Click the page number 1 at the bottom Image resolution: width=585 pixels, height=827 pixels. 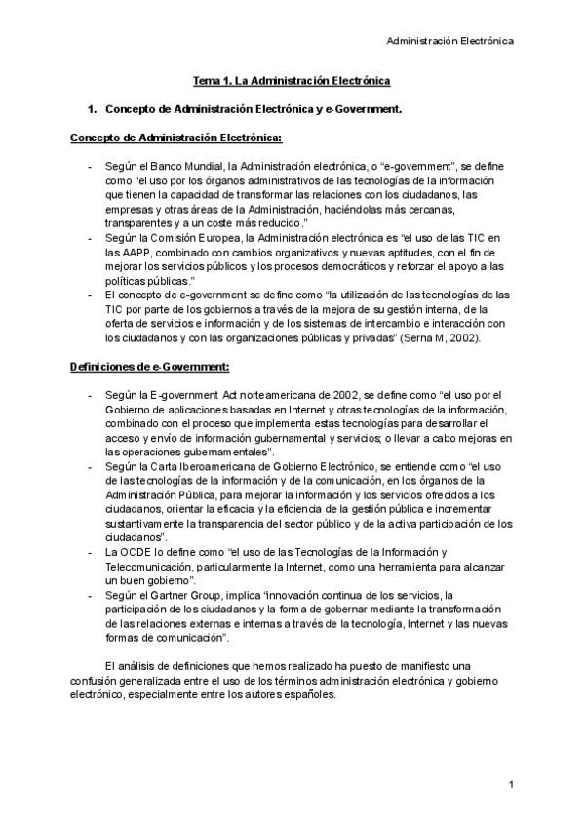510,784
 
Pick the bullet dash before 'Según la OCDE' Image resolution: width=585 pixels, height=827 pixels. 91,552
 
